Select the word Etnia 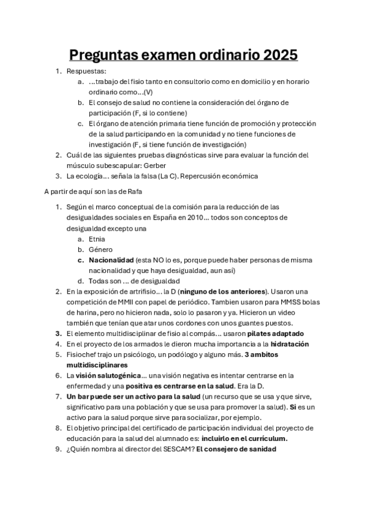(97, 239)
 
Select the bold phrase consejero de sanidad (240, 449)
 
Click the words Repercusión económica (219, 176)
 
